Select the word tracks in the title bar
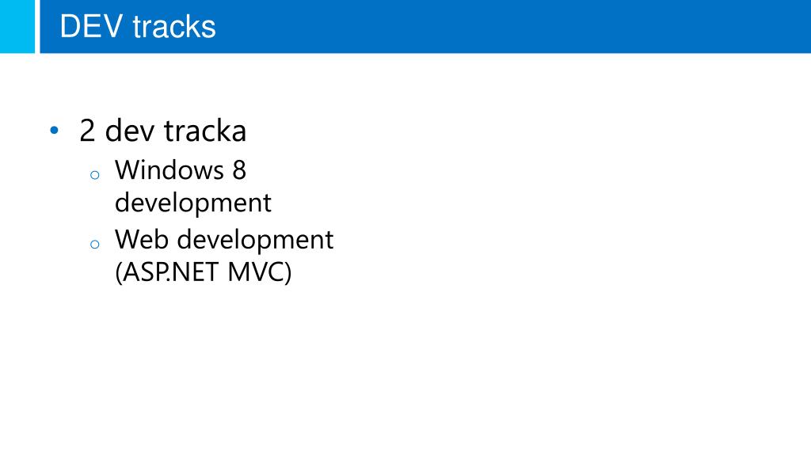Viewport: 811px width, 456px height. coord(174,27)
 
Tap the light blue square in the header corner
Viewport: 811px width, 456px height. coord(17,26)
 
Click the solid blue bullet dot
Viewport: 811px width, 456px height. coord(54,130)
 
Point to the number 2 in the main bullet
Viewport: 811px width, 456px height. coord(88,131)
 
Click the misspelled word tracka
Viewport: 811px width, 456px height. coord(205,131)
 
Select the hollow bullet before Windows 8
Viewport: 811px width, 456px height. coord(94,176)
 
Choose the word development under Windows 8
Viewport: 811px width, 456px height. coord(193,203)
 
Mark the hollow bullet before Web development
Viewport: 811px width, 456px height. coord(94,245)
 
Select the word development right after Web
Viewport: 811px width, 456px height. coord(254,240)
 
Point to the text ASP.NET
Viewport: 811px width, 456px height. coord(170,273)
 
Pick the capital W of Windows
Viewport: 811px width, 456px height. coord(127,169)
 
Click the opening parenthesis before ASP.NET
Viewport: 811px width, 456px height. coord(119,274)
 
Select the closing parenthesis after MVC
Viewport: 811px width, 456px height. coord(287,274)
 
